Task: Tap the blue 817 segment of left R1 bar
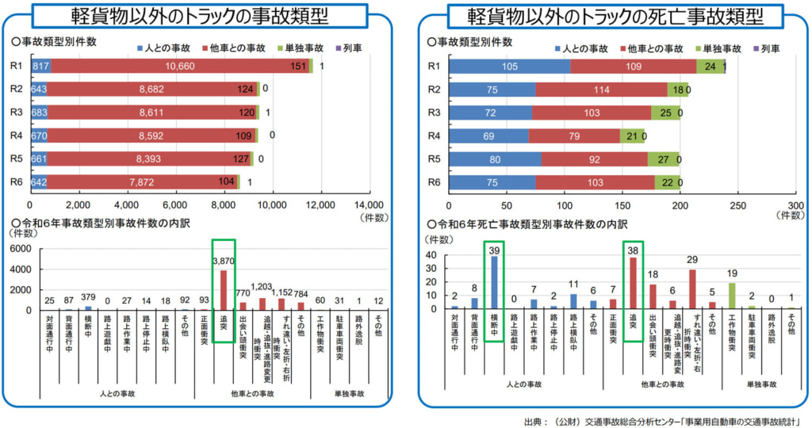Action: pos(40,67)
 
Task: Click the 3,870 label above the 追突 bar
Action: pos(224,259)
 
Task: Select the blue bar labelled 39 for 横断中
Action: pos(495,281)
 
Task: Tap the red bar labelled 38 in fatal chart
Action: pos(633,282)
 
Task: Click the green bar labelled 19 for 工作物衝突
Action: pos(731,296)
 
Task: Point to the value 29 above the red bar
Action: pos(691,260)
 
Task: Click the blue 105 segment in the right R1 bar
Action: pos(509,67)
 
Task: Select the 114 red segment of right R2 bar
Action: pos(601,90)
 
